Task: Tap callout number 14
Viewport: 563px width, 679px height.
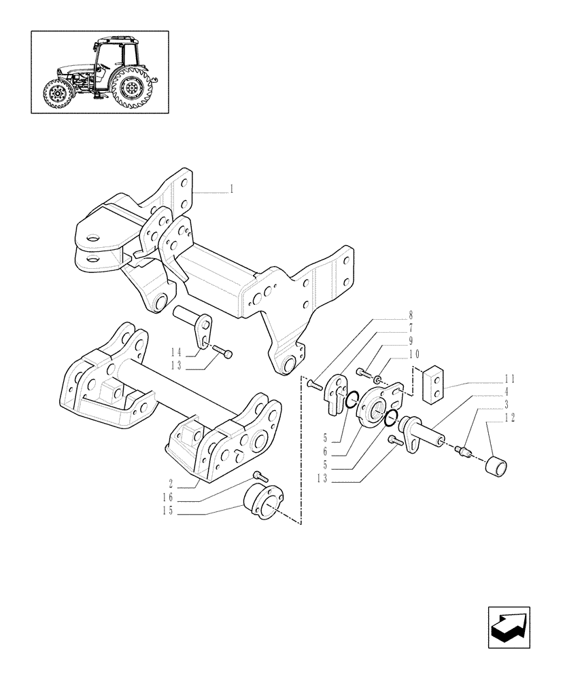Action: click(175, 352)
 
